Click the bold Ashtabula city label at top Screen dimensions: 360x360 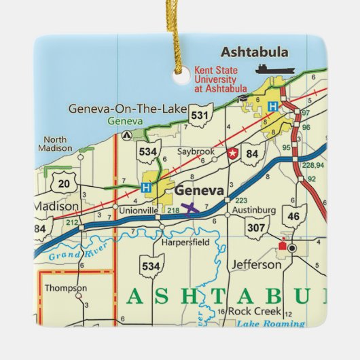(x=254, y=52)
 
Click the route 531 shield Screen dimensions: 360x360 (x=199, y=116)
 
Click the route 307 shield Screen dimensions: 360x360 (x=256, y=228)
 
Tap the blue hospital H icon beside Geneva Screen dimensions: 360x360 (x=146, y=187)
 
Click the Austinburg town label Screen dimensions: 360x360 (x=255, y=211)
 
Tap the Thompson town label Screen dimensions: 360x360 (x=66, y=288)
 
